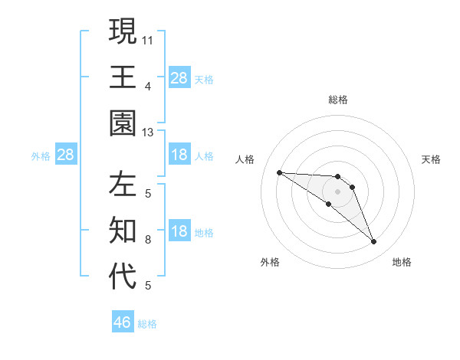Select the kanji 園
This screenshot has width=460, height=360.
[x=123, y=123]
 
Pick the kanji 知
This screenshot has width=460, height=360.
[x=123, y=229]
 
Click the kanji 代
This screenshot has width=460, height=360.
[x=123, y=277]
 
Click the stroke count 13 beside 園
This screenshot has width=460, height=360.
[x=149, y=133]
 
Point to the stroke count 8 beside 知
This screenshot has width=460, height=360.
[x=148, y=239]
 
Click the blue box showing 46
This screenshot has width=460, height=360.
[x=123, y=322]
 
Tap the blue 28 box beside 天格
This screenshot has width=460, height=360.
[x=179, y=77]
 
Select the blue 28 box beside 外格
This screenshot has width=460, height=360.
[x=66, y=155]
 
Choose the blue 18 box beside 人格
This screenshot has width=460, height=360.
[x=179, y=155]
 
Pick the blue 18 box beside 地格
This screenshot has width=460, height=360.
[x=179, y=231]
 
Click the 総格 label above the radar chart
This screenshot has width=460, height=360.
[x=338, y=100]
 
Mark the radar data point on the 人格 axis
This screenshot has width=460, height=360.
[x=279, y=172]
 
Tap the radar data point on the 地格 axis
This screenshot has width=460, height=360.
[x=374, y=242]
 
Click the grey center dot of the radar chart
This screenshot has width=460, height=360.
[x=338, y=191]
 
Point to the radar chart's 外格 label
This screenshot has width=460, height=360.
[x=270, y=262]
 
